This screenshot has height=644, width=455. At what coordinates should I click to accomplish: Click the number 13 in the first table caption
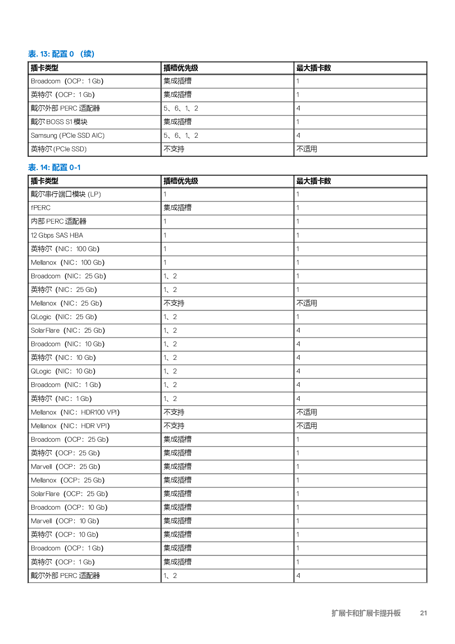(44, 54)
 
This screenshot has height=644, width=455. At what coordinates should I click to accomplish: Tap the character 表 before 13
(32, 54)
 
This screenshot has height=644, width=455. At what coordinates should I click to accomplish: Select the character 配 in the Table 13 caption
(56, 54)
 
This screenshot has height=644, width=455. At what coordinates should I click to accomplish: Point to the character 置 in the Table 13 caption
(63, 54)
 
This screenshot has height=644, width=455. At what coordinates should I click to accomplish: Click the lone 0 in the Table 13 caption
(72, 54)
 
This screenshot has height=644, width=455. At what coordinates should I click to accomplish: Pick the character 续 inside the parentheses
(87, 54)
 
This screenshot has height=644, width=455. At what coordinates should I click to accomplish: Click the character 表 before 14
(32, 167)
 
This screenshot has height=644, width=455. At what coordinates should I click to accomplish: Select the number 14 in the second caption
(44, 167)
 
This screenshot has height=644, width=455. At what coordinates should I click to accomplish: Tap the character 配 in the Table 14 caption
(56, 167)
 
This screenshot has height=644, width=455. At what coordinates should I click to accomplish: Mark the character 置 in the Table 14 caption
(63, 167)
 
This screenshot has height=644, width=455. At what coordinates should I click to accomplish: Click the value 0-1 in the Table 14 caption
(75, 167)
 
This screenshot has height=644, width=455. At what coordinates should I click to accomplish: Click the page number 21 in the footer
(423, 613)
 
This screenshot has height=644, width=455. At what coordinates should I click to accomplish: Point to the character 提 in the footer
(383, 613)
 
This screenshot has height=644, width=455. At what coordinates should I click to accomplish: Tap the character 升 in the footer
(390, 613)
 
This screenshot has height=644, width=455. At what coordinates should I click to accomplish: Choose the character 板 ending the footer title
(397, 613)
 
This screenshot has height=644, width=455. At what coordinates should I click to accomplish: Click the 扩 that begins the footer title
(335, 613)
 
